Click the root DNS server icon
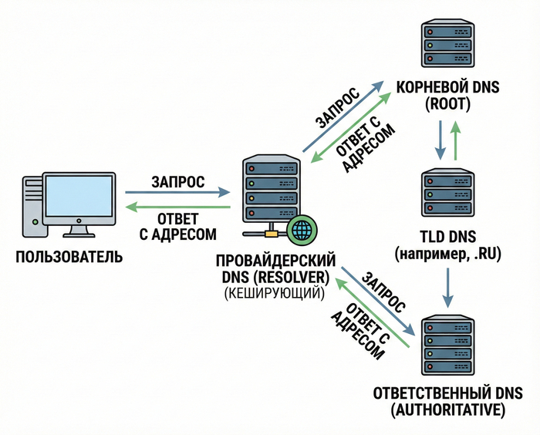[x=446, y=46]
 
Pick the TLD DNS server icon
[x=446, y=194]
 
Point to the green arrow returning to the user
[x=178, y=207]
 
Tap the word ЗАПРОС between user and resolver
[x=178, y=182]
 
